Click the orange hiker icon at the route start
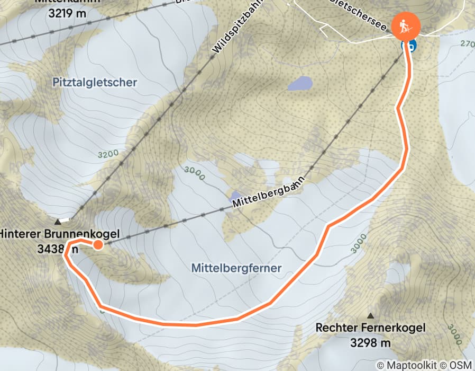pos(406,25)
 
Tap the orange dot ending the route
pos(98,244)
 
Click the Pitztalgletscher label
pos(95,82)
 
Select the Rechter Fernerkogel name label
pos(370,328)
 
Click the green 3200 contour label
pos(108,155)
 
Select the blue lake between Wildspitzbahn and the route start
pos(299,83)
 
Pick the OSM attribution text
pos(460,365)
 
